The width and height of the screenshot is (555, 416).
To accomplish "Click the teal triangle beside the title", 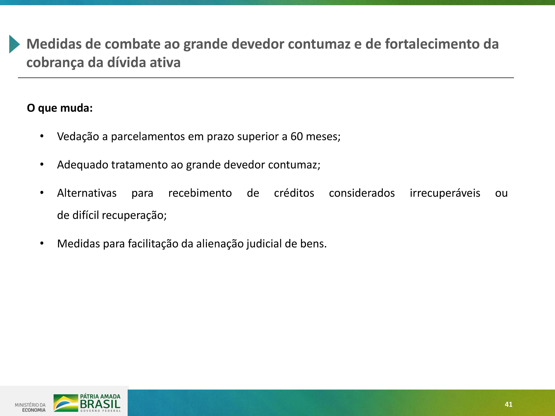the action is coord(14,44).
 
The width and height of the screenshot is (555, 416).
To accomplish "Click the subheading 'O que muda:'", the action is coord(60,108).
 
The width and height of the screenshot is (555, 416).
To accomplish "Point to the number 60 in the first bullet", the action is coord(297,137).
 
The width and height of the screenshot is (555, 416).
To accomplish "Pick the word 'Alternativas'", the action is coord(87,193).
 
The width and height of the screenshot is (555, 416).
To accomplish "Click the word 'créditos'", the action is coord(294,193).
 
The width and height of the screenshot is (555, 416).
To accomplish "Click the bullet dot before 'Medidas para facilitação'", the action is coord(42,243).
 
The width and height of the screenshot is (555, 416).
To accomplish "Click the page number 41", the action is coord(509,404).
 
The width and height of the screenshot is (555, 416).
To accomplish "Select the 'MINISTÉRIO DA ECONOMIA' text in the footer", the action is coord(30,407).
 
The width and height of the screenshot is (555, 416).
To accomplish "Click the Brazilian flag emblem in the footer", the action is coord(66,403).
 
